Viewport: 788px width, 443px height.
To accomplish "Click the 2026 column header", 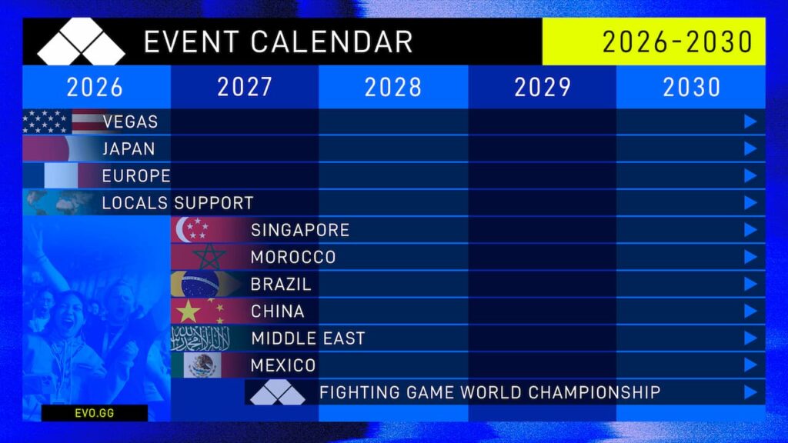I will pos(95,87).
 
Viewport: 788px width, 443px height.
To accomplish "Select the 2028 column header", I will pos(393,87).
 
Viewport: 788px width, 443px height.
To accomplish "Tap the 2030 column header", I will pos(691,87).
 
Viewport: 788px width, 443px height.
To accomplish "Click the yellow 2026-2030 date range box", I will pos(653,42).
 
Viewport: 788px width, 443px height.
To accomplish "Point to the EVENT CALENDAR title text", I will pos(278,42).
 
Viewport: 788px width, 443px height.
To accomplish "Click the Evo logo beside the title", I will pos(81,42).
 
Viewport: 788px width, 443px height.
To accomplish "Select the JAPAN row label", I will pos(129,148).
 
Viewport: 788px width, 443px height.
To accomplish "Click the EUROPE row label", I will pos(136,175).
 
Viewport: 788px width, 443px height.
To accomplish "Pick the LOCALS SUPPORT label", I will pos(178,203).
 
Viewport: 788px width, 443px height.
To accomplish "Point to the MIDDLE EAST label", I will pos(308,338).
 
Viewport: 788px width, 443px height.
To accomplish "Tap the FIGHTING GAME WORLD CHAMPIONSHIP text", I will pos(489,392).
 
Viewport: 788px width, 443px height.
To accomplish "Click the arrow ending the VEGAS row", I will pos(750,122).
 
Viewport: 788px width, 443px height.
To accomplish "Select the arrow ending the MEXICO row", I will pos(750,365).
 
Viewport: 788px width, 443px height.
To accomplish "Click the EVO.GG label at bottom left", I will pos(95,413).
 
